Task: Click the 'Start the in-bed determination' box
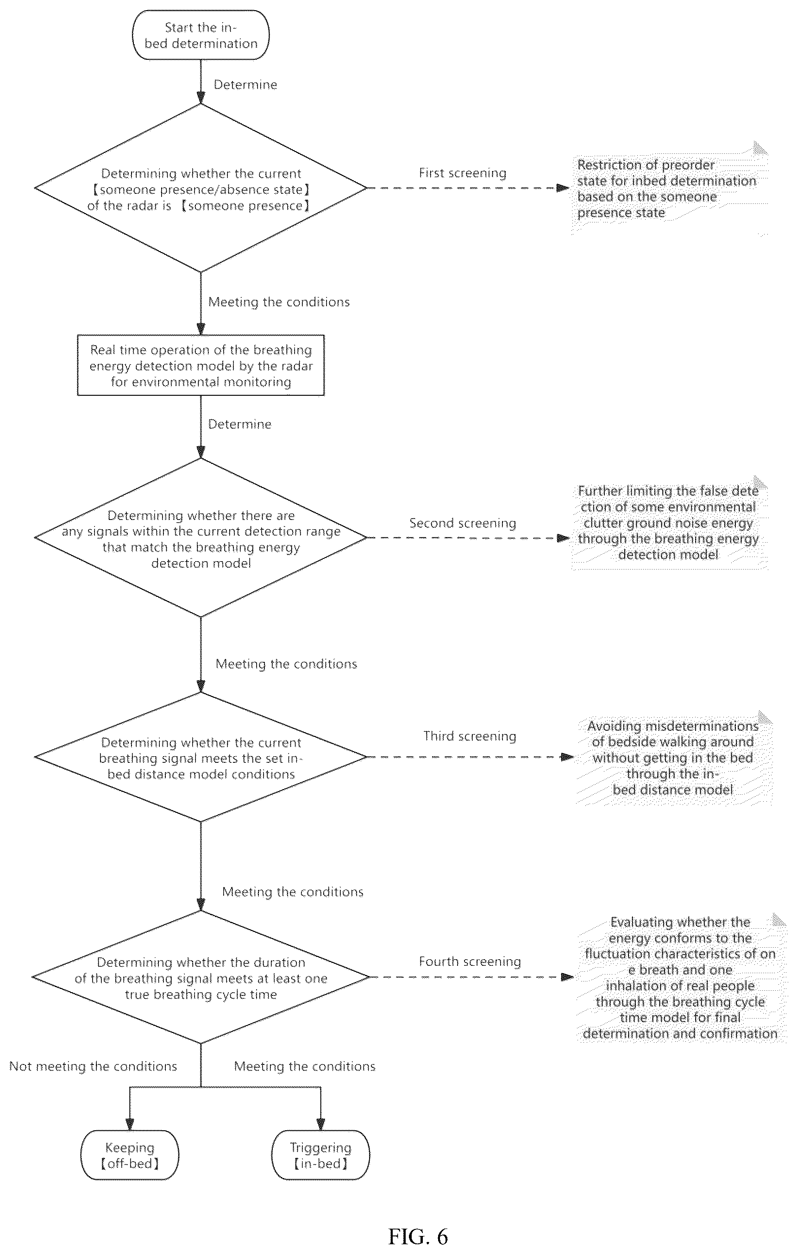(x=201, y=35)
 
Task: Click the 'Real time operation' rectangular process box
(x=201, y=366)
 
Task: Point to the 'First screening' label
(x=462, y=173)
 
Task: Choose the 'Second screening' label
(x=462, y=523)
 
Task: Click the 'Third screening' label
(x=470, y=736)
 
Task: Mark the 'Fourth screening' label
(x=470, y=961)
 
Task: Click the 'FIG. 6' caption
(x=418, y=1237)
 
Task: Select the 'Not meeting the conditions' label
(x=93, y=1066)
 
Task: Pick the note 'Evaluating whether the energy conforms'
(x=681, y=977)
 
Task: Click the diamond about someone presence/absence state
(x=201, y=188)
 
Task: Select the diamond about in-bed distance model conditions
(x=201, y=757)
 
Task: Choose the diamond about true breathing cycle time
(x=201, y=977)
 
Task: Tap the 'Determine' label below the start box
(x=245, y=85)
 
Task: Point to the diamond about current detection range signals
(x=201, y=538)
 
